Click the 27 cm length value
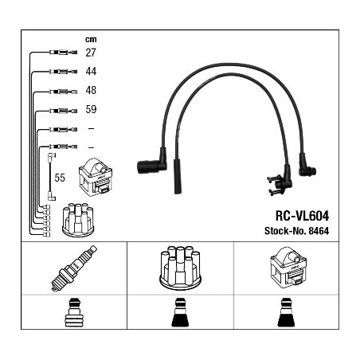pos(91,53)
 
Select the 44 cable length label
pos(91,71)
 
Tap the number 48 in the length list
pos(91,90)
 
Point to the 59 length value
pos(91,109)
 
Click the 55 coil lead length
pos(60,178)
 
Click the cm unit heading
pos(91,40)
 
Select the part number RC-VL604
pos(302,216)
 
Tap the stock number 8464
pos(319,231)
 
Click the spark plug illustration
pos(74,268)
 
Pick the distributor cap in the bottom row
pos(180,267)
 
